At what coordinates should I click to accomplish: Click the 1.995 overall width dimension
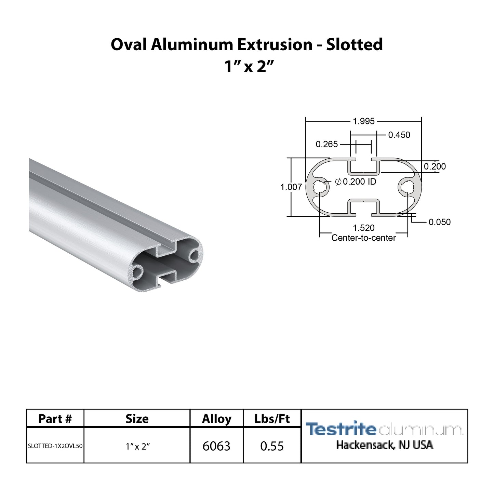(364, 121)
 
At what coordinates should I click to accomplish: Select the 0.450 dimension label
(399, 135)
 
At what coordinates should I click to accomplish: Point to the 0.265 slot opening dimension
(326, 144)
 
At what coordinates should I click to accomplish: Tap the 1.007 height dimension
(291, 187)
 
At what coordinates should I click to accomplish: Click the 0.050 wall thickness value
(440, 222)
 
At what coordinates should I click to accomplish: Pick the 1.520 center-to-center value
(364, 228)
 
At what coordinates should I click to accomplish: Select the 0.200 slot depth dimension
(435, 166)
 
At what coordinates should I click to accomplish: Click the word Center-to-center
(364, 238)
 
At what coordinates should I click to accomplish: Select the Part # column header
(55, 419)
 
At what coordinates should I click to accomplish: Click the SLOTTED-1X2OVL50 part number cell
(55, 446)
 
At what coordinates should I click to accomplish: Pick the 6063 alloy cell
(216, 446)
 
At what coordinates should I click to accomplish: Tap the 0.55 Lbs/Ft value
(272, 446)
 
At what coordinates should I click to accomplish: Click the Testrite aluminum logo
(384, 429)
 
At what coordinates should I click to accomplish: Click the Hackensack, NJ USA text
(384, 445)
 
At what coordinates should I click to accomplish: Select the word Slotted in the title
(354, 45)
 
